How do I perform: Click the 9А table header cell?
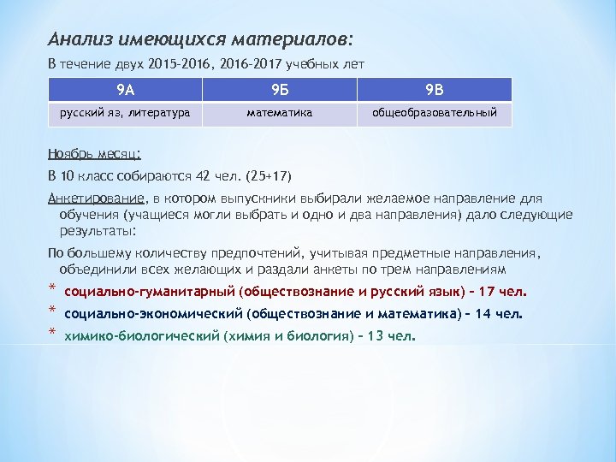coord(125,89)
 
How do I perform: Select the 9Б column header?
coord(279,89)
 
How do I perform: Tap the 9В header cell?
coord(434,89)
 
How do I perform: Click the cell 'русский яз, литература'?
coord(125,113)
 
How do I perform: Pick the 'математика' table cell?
coord(279,113)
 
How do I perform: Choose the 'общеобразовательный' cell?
coord(434,113)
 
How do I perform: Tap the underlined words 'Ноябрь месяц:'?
coord(95,154)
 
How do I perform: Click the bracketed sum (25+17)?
coord(269,177)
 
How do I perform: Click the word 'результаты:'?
coord(98,231)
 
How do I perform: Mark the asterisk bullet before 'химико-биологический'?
coord(52,332)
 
